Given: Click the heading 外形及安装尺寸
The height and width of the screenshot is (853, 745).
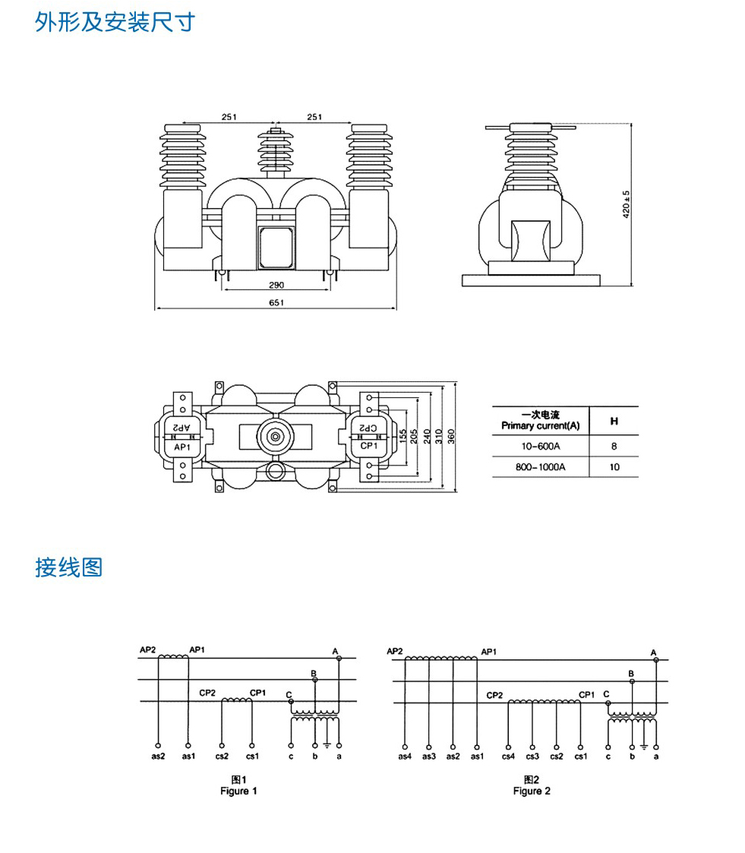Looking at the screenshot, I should [115, 22].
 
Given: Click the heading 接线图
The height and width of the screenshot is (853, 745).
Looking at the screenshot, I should [68, 567].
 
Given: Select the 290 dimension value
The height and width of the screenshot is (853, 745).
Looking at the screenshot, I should [276, 284].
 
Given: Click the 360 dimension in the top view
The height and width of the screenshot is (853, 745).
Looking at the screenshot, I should [451, 436].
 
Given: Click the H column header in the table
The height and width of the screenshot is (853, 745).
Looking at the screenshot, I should [614, 420].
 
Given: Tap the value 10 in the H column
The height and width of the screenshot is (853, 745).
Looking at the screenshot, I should [614, 467].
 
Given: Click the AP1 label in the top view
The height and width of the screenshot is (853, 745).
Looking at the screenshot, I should [182, 447].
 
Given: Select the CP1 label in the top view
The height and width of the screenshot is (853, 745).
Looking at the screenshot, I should [369, 446].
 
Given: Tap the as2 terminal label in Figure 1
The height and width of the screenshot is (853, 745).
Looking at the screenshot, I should [158, 756].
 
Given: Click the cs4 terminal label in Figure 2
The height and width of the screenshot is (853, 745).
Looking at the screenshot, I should [508, 756].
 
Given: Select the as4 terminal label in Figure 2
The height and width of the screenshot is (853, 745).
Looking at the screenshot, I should [405, 756].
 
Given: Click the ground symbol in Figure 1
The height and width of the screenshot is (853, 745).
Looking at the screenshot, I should [327, 743].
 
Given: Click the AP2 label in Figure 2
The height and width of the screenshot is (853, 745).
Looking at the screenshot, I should [394, 652].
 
